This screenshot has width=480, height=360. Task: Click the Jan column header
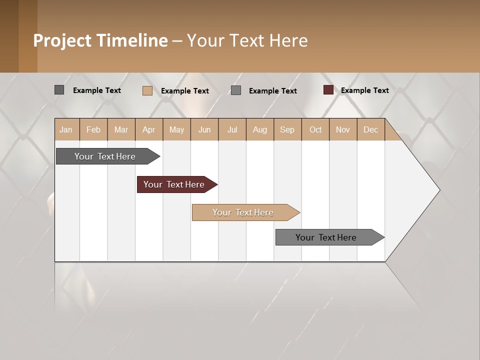click(x=66, y=129)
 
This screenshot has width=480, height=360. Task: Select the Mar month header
click(x=121, y=129)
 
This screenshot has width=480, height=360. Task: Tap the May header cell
click(x=176, y=129)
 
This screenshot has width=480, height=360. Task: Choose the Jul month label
click(x=232, y=129)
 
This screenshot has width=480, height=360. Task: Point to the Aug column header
click(x=259, y=129)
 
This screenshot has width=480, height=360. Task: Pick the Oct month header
click(x=315, y=129)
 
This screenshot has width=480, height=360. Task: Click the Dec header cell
click(x=370, y=129)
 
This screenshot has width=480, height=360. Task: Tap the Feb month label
click(x=93, y=129)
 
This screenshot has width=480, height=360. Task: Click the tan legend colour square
click(x=147, y=90)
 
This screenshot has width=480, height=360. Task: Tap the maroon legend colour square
click(x=328, y=90)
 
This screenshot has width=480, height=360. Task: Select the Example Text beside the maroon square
click(x=364, y=90)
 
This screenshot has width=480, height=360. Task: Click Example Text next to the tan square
click(x=184, y=90)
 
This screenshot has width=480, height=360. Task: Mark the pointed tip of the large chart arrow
click(x=439, y=190)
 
